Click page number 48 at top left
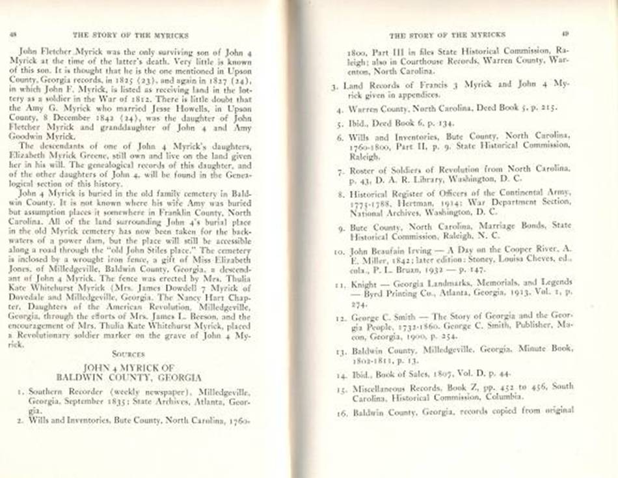12,34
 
